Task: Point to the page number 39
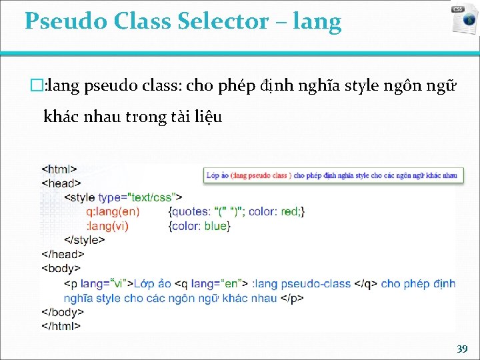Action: click(x=461, y=349)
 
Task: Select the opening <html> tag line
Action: click(x=59, y=169)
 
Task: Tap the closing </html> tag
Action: click(x=61, y=326)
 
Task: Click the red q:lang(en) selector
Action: click(x=113, y=212)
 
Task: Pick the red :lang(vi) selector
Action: click(x=107, y=226)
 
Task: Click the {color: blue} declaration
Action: click(x=201, y=226)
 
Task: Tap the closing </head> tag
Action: click(x=63, y=254)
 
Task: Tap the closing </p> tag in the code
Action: click(x=291, y=298)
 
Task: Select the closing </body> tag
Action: click(x=63, y=312)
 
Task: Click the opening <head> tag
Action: click(x=61, y=183)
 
